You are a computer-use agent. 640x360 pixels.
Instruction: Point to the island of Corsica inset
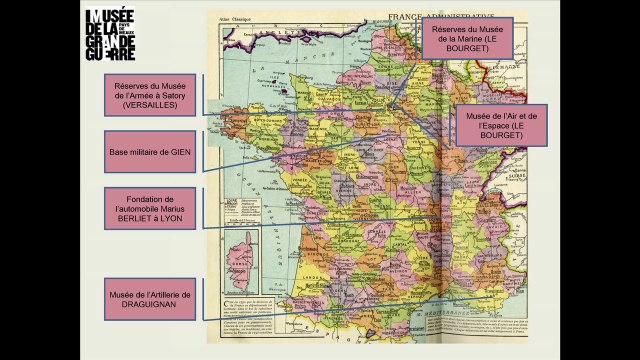[241, 251]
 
